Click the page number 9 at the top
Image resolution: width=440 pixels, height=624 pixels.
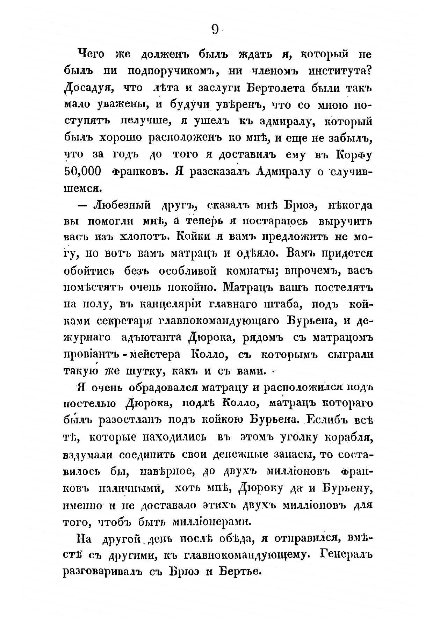coord(215,30)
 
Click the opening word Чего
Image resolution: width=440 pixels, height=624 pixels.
coord(89,55)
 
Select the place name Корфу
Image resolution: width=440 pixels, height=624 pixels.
coord(354,155)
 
